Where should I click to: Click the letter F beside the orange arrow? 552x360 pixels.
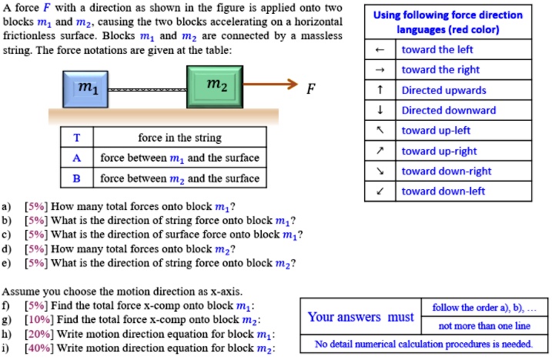309,88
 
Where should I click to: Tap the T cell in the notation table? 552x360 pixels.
76,138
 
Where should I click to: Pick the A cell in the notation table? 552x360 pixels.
76,158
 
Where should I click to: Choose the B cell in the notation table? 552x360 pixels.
76,178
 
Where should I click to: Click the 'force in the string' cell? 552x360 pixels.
179,138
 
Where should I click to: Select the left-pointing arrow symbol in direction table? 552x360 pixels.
379,50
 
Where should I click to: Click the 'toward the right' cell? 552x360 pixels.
440,70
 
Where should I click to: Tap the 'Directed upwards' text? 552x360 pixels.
443,90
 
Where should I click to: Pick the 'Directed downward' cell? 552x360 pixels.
448,110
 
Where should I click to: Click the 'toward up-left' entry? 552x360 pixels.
436,130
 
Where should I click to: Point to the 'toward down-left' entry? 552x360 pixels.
443,191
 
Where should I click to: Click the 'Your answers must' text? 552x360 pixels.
356,317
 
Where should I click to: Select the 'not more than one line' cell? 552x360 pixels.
483,326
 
